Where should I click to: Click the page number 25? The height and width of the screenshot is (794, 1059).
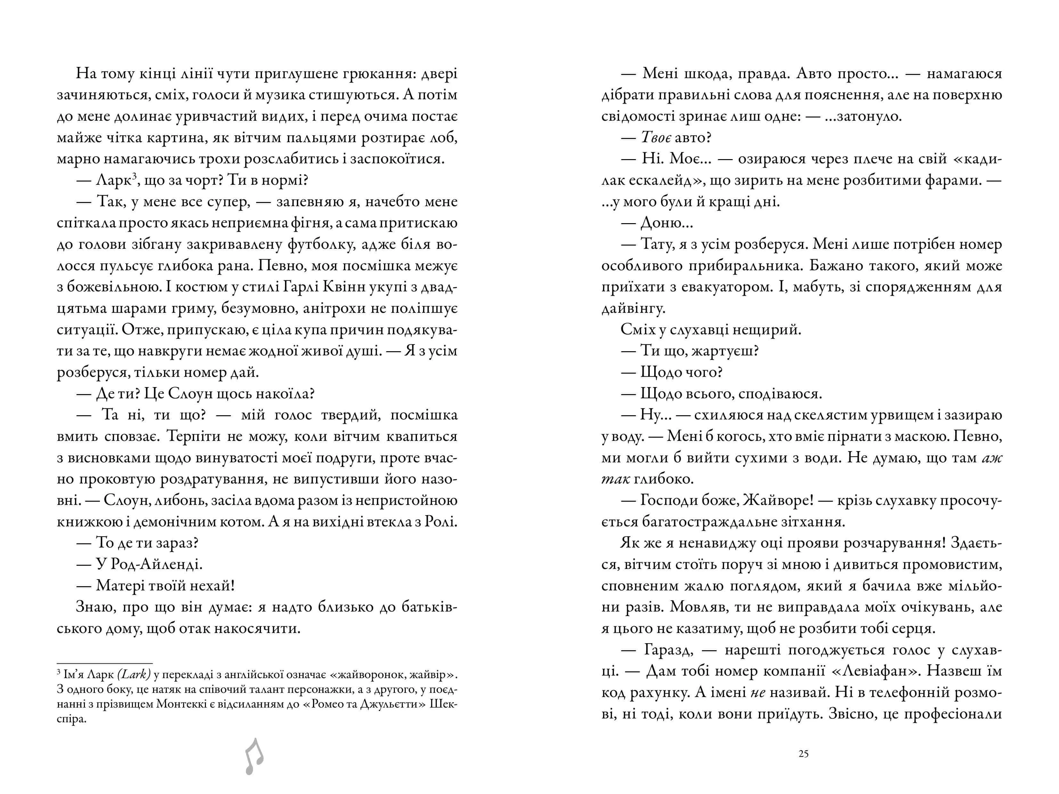coord(803,754)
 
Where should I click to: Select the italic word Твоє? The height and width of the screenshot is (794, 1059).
coord(656,138)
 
